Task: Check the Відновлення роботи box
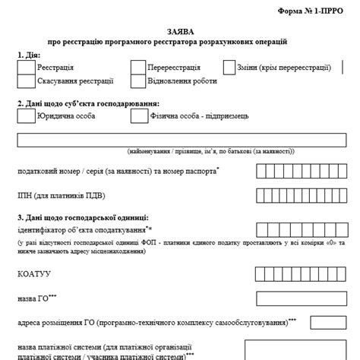click(137, 82)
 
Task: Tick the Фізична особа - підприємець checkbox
click(137, 116)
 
